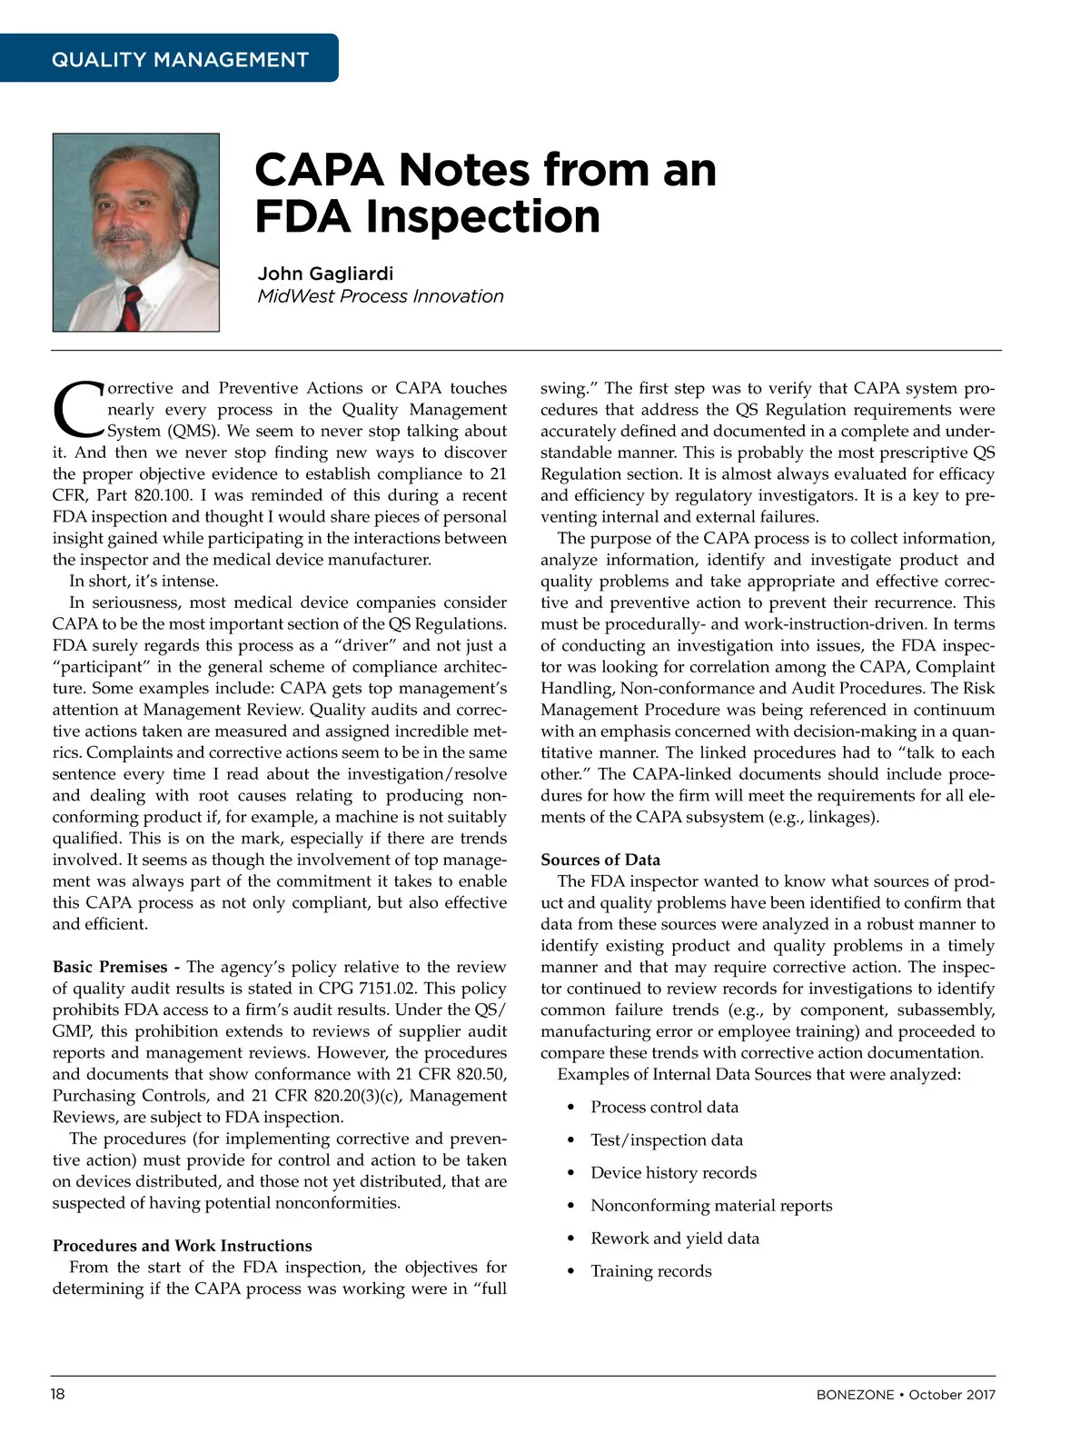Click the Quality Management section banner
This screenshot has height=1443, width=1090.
pyautogui.click(x=180, y=60)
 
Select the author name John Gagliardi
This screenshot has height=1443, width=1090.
pyautogui.click(x=325, y=274)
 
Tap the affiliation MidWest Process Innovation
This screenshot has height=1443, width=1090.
pyautogui.click(x=380, y=296)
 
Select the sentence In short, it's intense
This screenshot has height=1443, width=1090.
pyautogui.click(x=144, y=582)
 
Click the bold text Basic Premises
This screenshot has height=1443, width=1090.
pyautogui.click(x=110, y=967)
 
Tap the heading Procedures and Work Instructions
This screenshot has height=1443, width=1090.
pyautogui.click(x=182, y=1246)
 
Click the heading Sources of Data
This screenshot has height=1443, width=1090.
pyautogui.click(x=600, y=860)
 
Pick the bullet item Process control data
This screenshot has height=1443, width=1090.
pyautogui.click(x=664, y=1107)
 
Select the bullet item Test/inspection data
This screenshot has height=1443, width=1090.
pyautogui.click(x=667, y=1139)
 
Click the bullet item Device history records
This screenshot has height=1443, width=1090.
pyautogui.click(x=673, y=1172)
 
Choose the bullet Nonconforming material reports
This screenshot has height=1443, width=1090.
pyautogui.click(x=711, y=1205)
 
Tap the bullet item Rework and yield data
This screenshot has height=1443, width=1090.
pyautogui.click(x=675, y=1238)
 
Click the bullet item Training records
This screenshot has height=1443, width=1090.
pyautogui.click(x=651, y=1270)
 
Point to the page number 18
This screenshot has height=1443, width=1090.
pyautogui.click(x=57, y=1394)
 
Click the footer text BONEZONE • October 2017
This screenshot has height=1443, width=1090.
pyautogui.click(x=905, y=1395)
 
